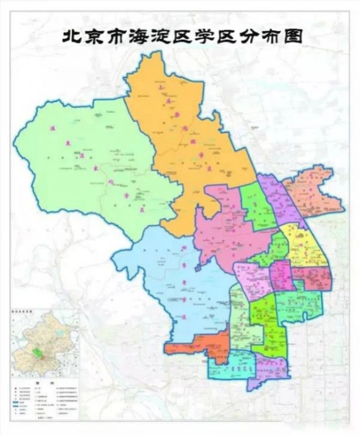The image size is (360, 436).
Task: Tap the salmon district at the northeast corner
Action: [310, 191]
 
